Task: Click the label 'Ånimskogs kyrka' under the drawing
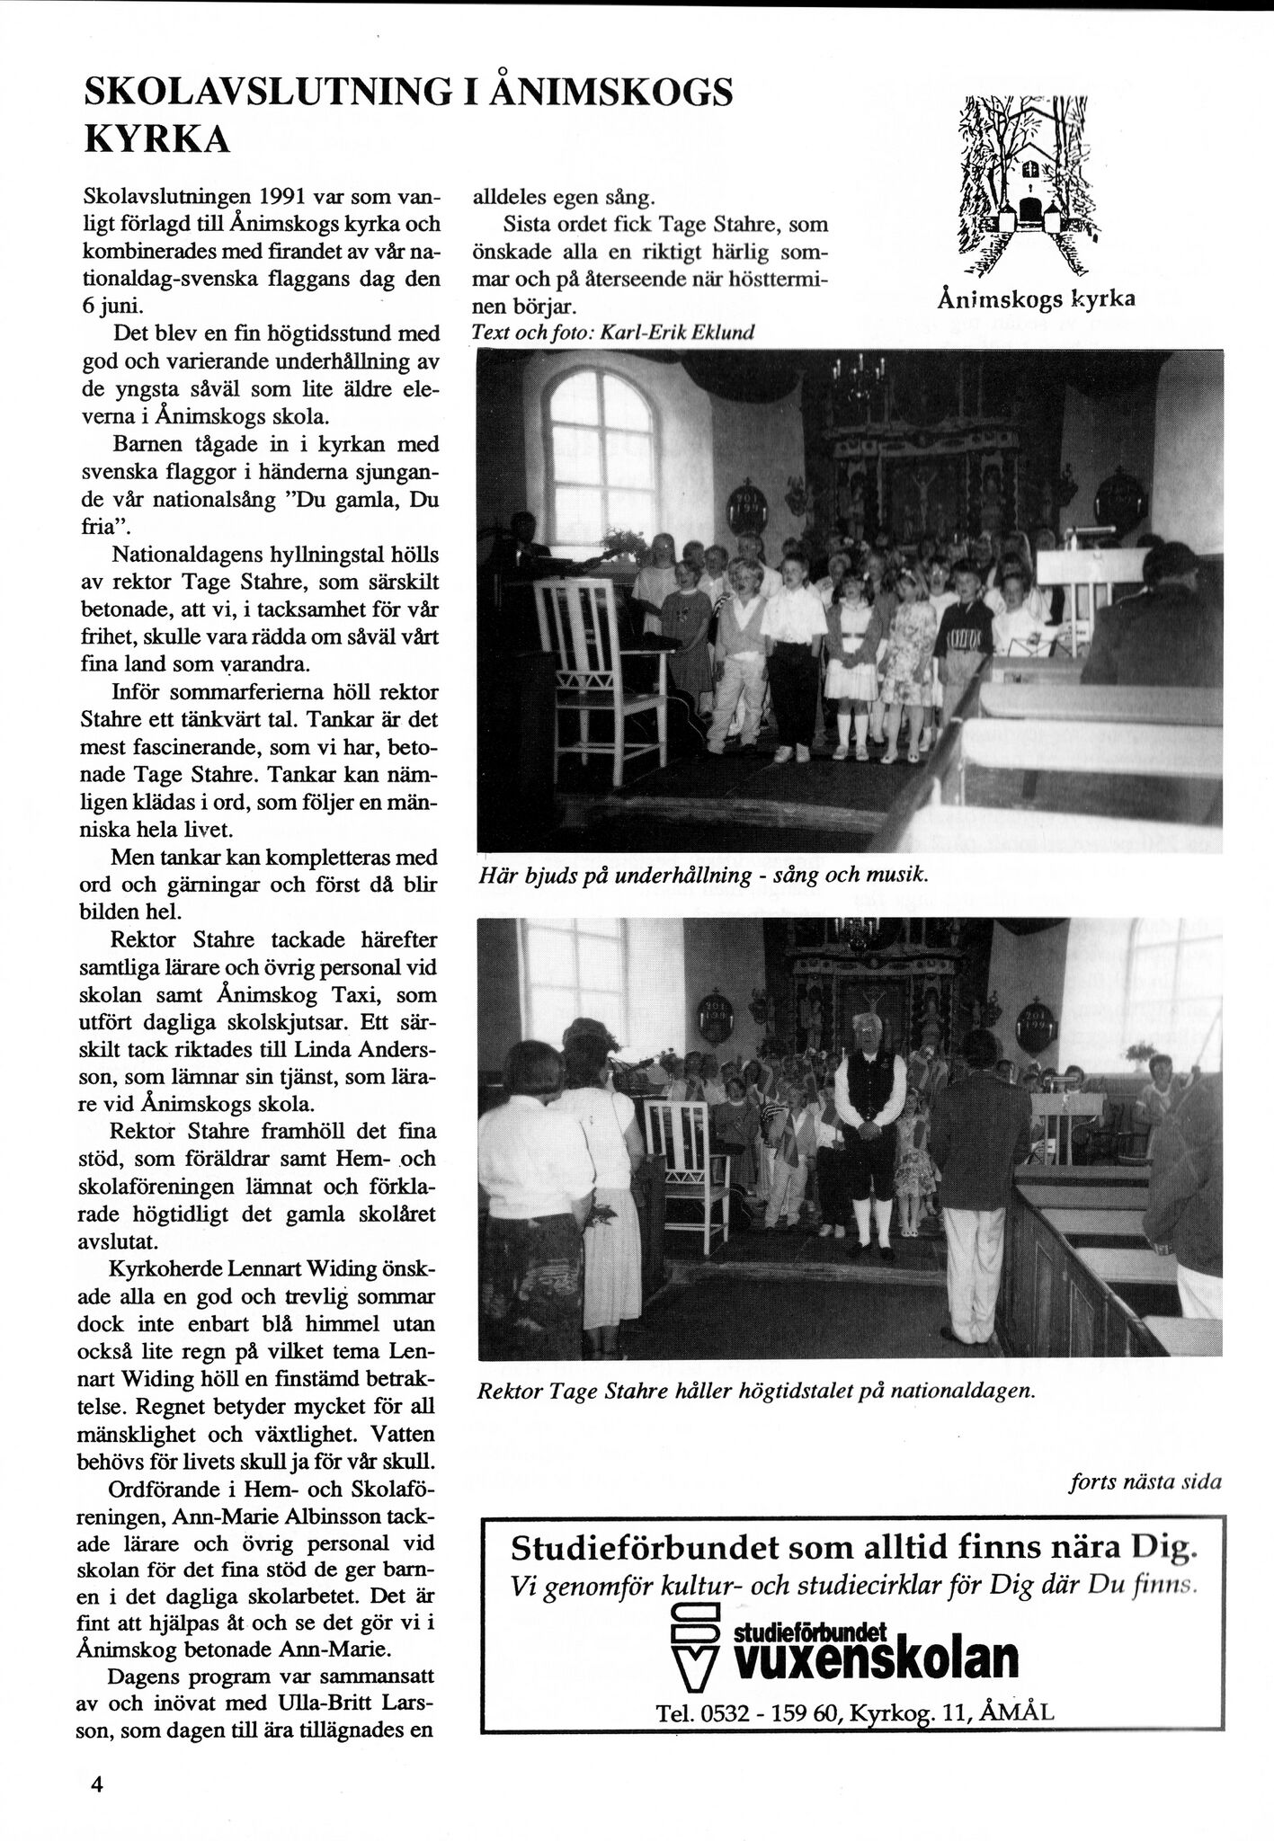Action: click(x=1035, y=299)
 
